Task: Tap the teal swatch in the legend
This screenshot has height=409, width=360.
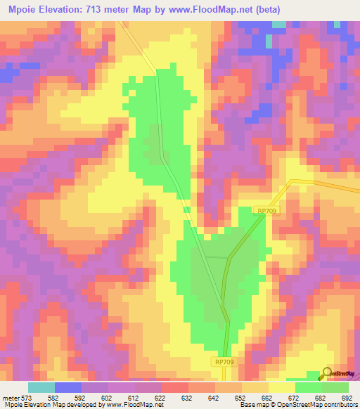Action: point(41,387)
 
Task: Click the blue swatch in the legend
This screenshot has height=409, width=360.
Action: point(68,387)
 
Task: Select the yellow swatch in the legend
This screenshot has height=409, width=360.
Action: point(281,387)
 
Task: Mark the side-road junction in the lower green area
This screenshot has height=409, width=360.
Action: point(227,258)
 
